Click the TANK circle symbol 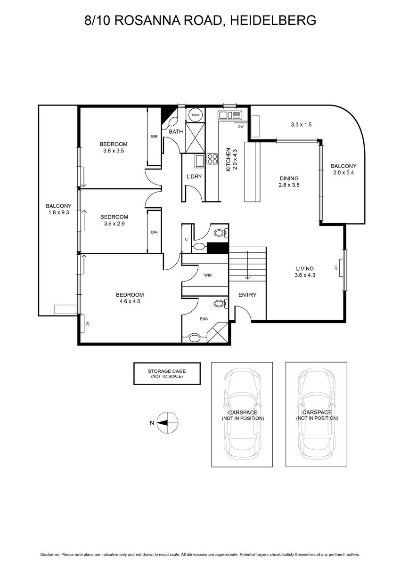click(196, 115)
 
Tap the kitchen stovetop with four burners click(212, 159)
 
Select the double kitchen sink click(230, 115)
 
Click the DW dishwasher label click(241, 127)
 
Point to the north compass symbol click(167, 423)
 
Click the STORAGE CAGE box click(167, 373)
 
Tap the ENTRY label click(247, 295)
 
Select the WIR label click(208, 275)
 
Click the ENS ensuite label click(204, 319)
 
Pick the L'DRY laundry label click(194, 177)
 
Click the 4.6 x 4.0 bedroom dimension click(130, 301)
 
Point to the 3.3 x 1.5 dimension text click(301, 124)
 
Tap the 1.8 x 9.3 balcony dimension click(58, 212)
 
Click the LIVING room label click(305, 269)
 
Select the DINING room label click(289, 178)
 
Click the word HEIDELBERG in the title click(273, 20)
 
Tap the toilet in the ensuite click(221, 303)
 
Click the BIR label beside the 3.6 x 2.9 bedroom click(154, 232)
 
